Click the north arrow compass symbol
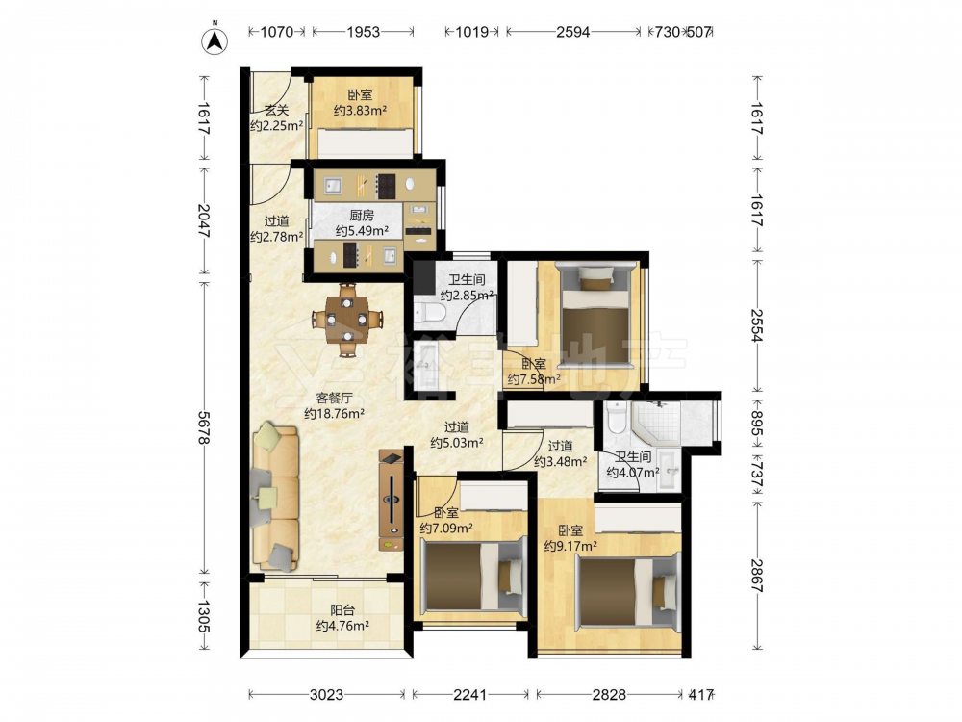[215, 39]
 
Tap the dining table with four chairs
[347, 320]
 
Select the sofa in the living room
[275, 495]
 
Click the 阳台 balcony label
[342, 610]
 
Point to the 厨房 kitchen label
[362, 216]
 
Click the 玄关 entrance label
[277, 111]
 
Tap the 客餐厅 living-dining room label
[335, 398]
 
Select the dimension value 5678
[205, 427]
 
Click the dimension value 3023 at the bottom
[326, 694]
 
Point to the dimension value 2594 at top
[573, 32]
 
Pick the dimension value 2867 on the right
[757, 576]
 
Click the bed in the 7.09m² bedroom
[473, 577]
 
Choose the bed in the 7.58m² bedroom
[596, 315]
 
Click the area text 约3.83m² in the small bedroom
[360, 111]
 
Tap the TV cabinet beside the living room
[392, 500]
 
